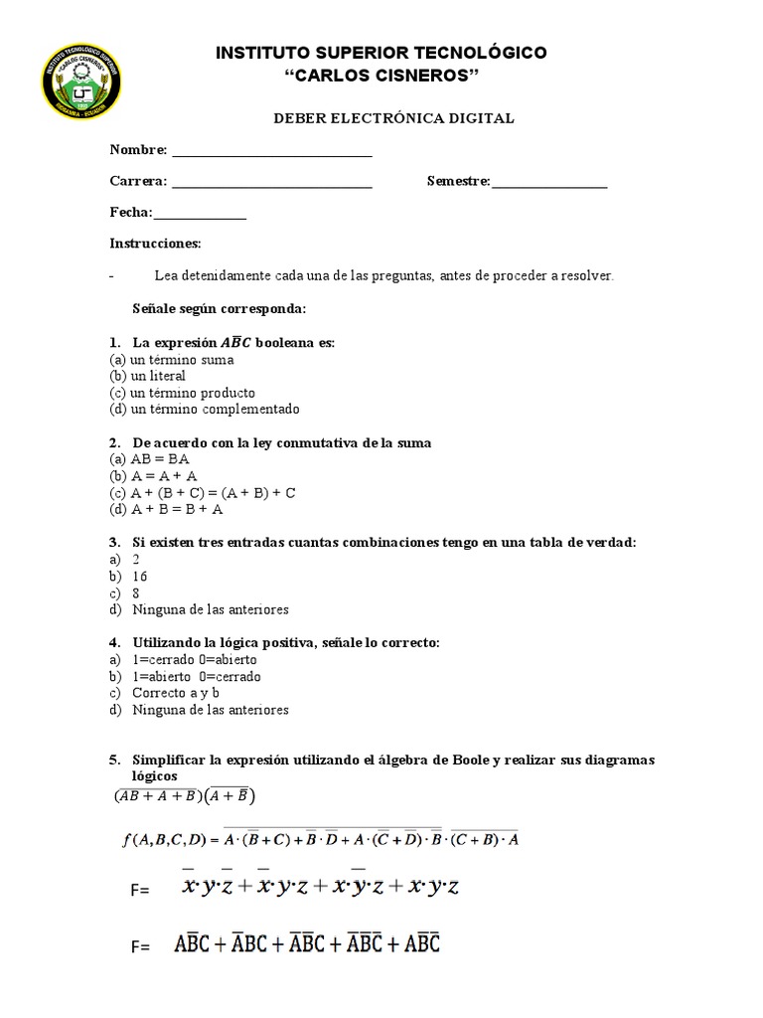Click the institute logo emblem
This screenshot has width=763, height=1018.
[79, 91]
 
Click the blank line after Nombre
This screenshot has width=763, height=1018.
[272, 153]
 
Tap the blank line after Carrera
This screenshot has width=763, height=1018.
[270, 185]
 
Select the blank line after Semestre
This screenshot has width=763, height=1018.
[549, 185]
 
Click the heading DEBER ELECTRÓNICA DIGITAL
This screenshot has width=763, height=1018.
[393, 118]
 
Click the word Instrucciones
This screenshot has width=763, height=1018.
[155, 244]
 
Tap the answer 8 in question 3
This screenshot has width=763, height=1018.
[136, 593]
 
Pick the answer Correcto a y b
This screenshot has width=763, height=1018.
[176, 693]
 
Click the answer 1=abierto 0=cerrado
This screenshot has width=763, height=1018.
[197, 677]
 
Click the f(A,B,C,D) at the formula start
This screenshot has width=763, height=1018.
[160, 840]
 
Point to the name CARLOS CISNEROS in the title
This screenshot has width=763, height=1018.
[381, 76]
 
